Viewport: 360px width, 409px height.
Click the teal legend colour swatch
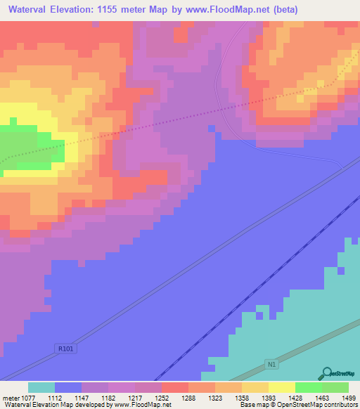click(41, 387)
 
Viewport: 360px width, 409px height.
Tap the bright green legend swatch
click(309, 387)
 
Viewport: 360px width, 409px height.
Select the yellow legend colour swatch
click(282, 387)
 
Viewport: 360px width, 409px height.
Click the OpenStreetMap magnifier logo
click(326, 373)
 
